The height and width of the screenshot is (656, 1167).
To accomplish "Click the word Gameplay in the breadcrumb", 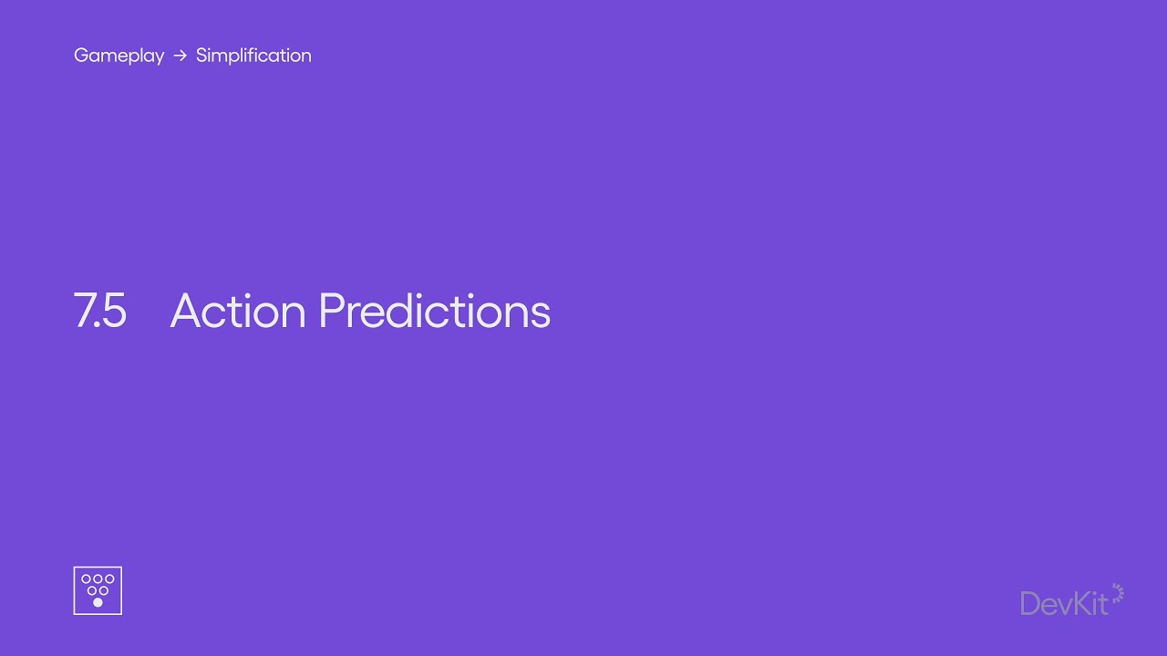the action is [x=119, y=56].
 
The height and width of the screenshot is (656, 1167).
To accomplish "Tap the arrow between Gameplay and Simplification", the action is [x=181, y=56].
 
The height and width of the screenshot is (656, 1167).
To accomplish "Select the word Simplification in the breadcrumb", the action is [x=253, y=56].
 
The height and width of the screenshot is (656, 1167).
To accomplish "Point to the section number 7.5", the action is [x=99, y=311].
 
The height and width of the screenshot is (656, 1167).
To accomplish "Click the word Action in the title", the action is [x=238, y=311].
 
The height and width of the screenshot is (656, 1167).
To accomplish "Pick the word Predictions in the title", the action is [x=435, y=311].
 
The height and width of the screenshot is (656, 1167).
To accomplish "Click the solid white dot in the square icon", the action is [x=98, y=602].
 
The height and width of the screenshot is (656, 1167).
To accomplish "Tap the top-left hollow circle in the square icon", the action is [x=86, y=579].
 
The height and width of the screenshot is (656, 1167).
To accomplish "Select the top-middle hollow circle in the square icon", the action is [x=98, y=579].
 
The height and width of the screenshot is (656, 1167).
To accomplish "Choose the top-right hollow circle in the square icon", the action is [x=109, y=579].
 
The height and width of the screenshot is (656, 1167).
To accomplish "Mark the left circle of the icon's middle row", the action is [x=92, y=590].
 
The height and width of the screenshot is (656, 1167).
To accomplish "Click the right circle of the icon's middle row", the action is [x=104, y=590].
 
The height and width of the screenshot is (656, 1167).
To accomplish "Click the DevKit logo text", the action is [x=1064, y=604].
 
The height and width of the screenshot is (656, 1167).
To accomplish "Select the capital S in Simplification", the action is [x=202, y=56].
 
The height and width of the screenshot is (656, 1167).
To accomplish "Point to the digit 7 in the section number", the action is [x=83, y=311].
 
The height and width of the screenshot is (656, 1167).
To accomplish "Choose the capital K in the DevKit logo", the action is [x=1077, y=604].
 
